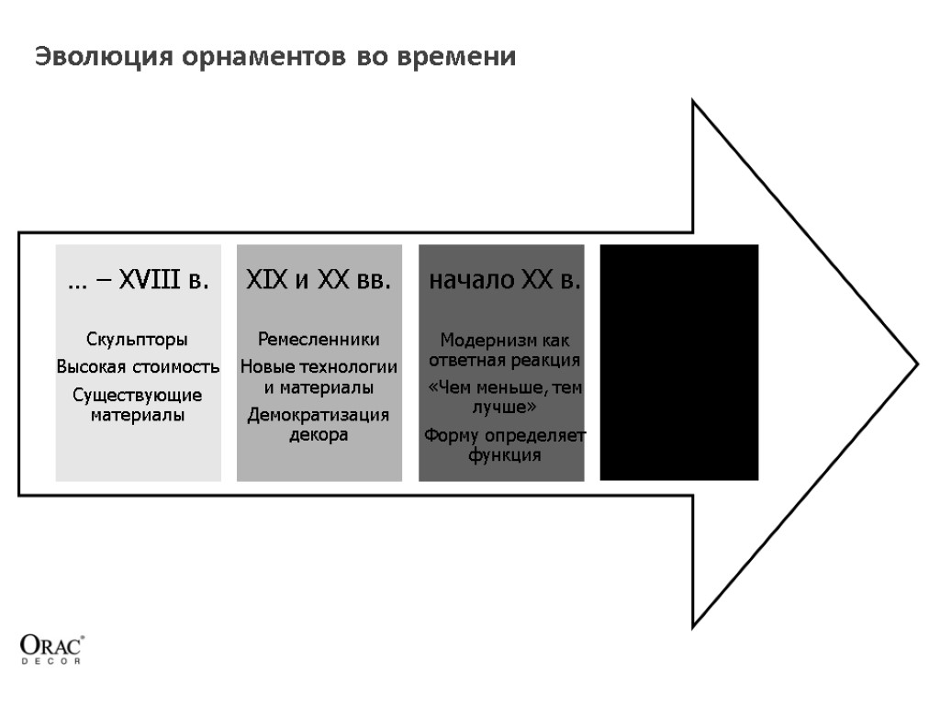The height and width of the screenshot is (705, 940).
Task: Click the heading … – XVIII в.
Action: click(x=138, y=281)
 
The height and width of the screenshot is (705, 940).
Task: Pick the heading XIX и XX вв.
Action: click(x=319, y=281)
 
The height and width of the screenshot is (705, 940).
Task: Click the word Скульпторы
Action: click(x=138, y=340)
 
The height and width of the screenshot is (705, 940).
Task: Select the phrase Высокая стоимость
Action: click(x=138, y=367)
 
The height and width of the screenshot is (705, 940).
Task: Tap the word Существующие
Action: click(x=138, y=396)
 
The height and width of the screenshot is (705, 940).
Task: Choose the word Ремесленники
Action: click(x=319, y=340)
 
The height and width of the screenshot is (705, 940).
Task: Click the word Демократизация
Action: click(x=319, y=416)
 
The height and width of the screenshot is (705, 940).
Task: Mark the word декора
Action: click(x=319, y=435)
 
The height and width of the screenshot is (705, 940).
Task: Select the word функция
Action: click(x=504, y=454)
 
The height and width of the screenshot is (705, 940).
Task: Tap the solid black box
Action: click(x=679, y=362)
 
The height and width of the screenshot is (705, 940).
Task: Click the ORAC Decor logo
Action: click(x=52, y=649)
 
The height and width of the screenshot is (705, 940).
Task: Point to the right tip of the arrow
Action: click(x=915, y=364)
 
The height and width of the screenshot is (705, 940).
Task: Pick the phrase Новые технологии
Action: click(x=319, y=368)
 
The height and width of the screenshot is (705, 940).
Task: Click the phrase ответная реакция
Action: click(x=504, y=358)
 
